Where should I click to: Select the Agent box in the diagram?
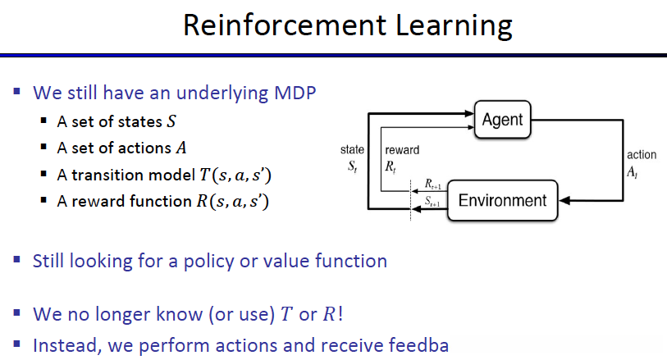[503, 120]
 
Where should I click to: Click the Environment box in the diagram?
[502, 201]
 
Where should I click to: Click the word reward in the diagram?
[401, 150]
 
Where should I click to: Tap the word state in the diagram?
[352, 150]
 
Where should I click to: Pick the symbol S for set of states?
[171, 122]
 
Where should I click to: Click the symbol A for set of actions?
[180, 148]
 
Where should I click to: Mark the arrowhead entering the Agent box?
[471, 109]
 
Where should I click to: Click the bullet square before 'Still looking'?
[18, 260]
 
